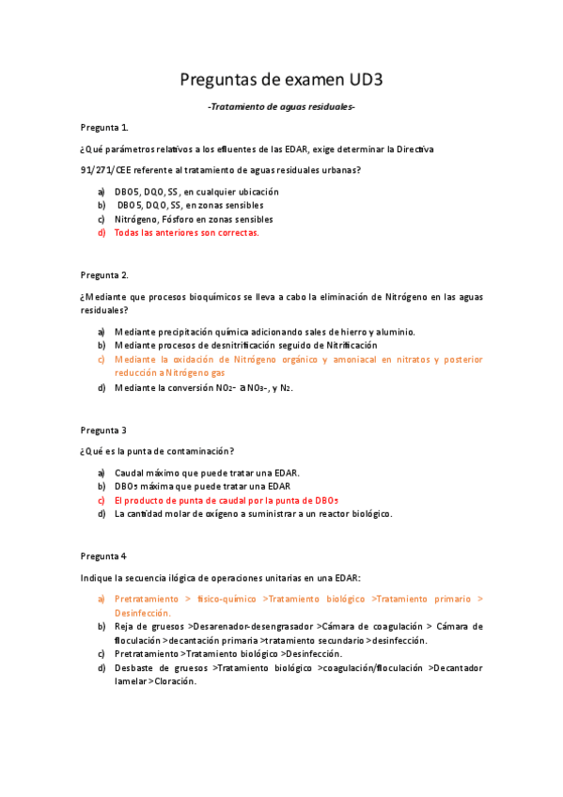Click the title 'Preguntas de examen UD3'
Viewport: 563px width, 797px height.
pos(281,82)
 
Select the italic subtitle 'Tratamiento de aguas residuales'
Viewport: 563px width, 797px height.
pos(281,107)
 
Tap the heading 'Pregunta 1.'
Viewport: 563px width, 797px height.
pos(104,127)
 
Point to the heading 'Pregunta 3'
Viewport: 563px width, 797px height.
pos(103,430)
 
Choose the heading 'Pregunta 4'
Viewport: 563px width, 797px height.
pos(103,555)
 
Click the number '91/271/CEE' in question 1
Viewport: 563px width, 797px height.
pos(107,169)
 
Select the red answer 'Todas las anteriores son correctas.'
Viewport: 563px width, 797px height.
pos(186,232)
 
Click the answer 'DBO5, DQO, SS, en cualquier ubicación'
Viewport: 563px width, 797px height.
pos(196,192)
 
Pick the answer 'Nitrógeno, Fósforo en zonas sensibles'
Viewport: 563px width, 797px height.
pos(195,219)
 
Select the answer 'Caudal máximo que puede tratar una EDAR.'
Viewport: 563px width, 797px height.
pos(207,473)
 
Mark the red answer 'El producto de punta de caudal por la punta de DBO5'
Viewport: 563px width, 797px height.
pos(226,500)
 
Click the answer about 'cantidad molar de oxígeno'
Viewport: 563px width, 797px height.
pos(253,514)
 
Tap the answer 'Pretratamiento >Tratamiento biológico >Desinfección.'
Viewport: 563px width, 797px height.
pos(228,653)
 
